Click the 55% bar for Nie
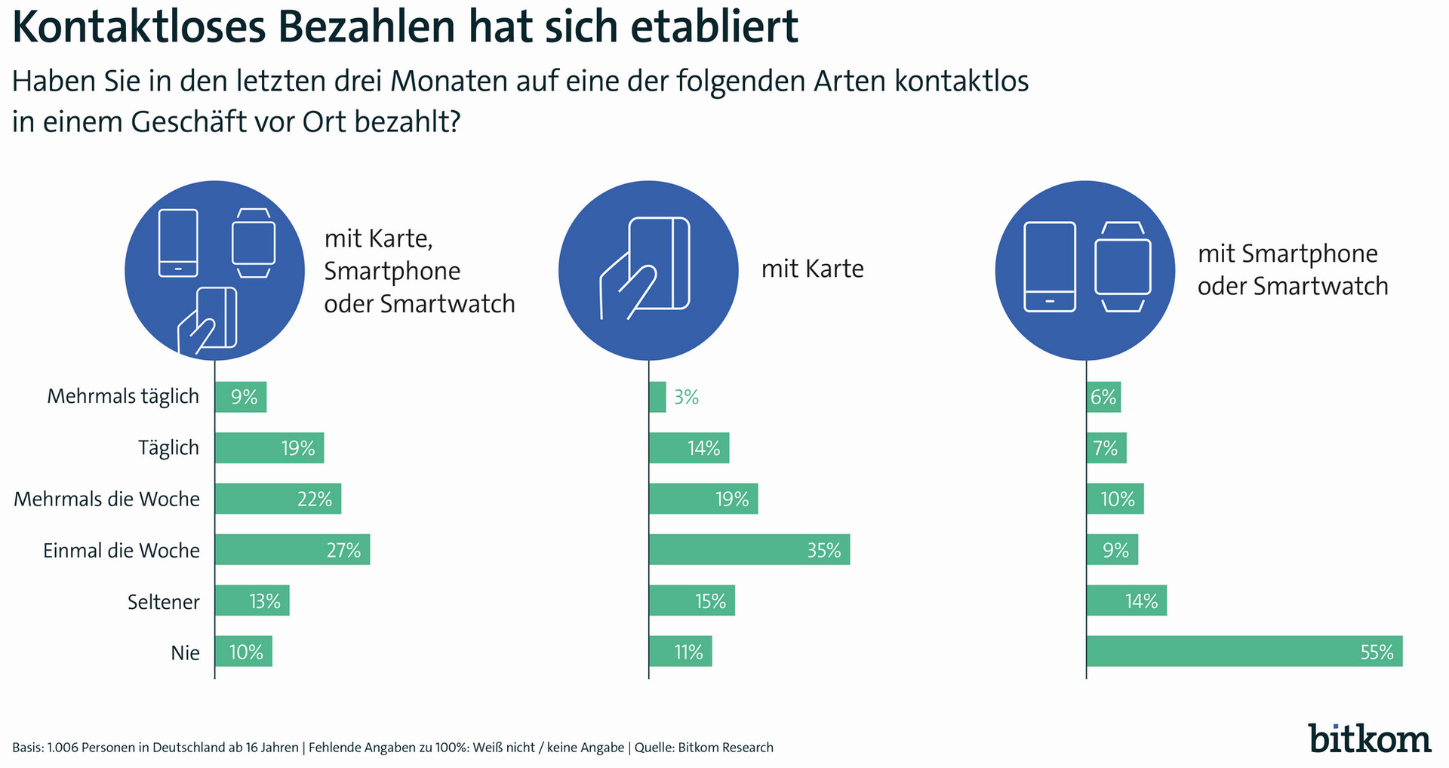pyautogui.click(x=1244, y=651)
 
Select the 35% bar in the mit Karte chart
pyautogui.click(x=749, y=549)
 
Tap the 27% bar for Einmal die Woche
pyautogui.click(x=292, y=549)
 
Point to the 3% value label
pyautogui.click(x=687, y=397)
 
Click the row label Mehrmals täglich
pyautogui.click(x=123, y=397)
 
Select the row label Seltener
pyautogui.click(x=164, y=602)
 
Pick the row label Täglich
pyautogui.click(x=169, y=448)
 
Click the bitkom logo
pyautogui.click(x=1370, y=738)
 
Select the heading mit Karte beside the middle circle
pyautogui.click(x=812, y=269)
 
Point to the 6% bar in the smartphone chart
pyautogui.click(x=1103, y=397)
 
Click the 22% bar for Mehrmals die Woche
pyautogui.click(x=278, y=499)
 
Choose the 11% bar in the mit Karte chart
pyautogui.click(x=680, y=651)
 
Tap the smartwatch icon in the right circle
pyautogui.click(x=1123, y=267)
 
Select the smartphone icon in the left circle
pyautogui.click(x=179, y=243)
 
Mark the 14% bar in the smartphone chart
pyautogui.click(x=1126, y=601)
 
